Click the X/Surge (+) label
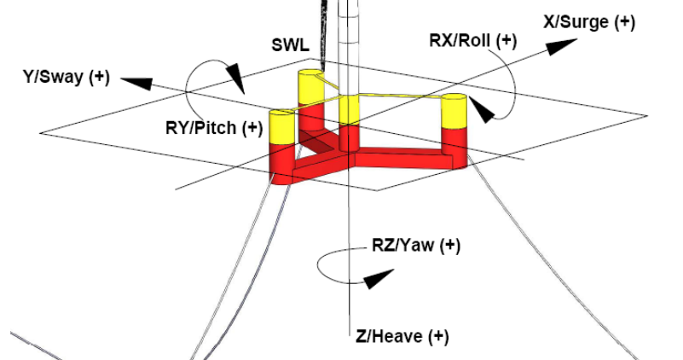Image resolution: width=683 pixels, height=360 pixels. [588, 23]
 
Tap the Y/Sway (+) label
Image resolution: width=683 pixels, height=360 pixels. [66, 78]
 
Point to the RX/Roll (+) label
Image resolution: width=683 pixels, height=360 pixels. [473, 40]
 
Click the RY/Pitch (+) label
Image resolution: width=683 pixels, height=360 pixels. [214, 128]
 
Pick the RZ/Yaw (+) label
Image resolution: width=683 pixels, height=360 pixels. [415, 247]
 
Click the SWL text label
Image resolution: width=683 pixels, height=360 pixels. [291, 44]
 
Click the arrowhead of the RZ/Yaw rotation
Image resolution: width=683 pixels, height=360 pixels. [380, 276]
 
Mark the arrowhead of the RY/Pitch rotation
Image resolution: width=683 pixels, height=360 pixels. [233, 82]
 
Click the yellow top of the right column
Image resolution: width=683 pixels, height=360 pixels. [454, 112]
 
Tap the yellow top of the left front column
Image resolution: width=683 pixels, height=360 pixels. [281, 127]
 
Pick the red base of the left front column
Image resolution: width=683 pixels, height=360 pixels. [281, 162]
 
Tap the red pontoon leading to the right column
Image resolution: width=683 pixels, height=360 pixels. [401, 159]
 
